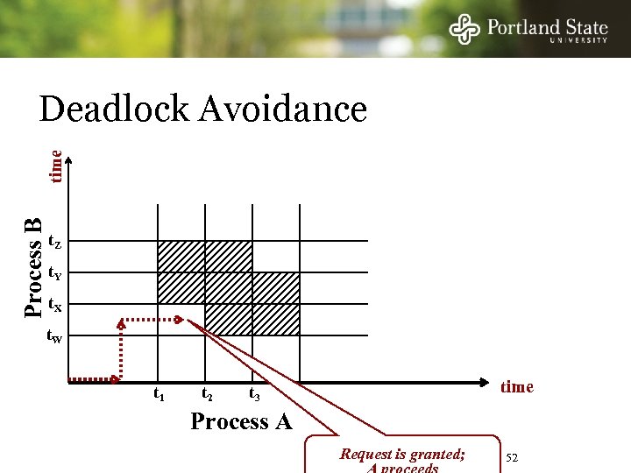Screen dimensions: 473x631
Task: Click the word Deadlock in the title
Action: [x=114, y=110]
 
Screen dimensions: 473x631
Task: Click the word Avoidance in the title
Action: [x=283, y=110]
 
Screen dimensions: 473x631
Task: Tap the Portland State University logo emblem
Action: [x=464, y=30]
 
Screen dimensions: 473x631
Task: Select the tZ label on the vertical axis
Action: [x=54, y=241]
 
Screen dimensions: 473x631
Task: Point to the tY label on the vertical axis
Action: [x=54, y=273]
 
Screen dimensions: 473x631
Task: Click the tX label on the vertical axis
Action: [x=54, y=306]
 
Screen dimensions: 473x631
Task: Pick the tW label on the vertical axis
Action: [x=54, y=338]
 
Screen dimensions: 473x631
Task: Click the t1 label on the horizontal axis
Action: [x=160, y=395]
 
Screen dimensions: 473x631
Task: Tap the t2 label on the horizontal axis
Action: [x=207, y=395]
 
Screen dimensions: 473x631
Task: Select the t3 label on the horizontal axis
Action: [x=254, y=395]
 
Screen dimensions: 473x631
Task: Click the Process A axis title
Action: [x=241, y=422]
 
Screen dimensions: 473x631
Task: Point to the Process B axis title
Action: [x=33, y=268]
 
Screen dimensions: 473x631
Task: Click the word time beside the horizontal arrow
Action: [x=516, y=387]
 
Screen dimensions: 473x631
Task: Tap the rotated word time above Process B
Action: [x=56, y=166]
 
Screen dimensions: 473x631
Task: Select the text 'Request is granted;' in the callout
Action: [x=402, y=455]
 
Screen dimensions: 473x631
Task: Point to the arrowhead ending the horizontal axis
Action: [x=485, y=382]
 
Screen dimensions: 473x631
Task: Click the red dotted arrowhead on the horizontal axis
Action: [x=117, y=380]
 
